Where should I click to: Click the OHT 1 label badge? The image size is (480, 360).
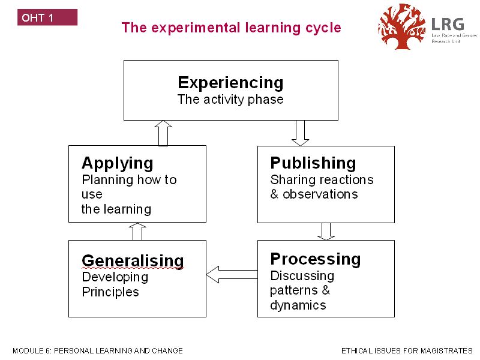pos(47,17)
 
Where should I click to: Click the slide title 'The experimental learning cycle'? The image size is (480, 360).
pos(231,28)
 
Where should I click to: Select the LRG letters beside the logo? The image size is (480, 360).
pos(447,24)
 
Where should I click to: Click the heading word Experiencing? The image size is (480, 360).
pos(230,82)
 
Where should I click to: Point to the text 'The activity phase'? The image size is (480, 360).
pos(230,100)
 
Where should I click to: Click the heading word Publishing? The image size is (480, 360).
pos(313,163)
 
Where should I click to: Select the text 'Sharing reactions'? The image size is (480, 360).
pos(322,180)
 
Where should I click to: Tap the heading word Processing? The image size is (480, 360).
pos(315,259)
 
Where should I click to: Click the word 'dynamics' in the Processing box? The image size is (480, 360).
pos(298,305)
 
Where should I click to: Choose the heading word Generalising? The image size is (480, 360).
pos(133,260)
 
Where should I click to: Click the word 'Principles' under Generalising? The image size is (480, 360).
pos(110,292)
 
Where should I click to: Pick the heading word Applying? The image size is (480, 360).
pos(117,163)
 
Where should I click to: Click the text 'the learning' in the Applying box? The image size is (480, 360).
pos(116,209)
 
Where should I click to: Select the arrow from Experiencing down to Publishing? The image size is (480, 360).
pos(300,133)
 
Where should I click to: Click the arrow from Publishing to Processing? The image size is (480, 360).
pos(326,232)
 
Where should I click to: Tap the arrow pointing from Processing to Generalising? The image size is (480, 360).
pos(232,275)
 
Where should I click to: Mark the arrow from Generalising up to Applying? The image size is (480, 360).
pos(137,232)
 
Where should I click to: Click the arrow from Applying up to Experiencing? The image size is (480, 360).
pos(163,133)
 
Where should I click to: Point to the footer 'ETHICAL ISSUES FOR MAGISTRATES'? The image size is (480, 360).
pos(407,350)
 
